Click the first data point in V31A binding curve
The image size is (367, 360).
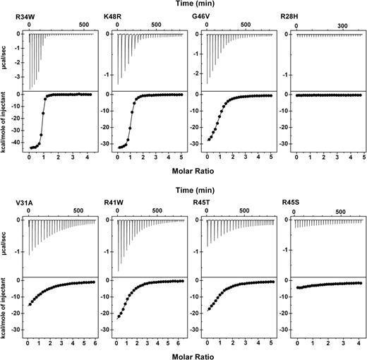pos(30,304)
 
